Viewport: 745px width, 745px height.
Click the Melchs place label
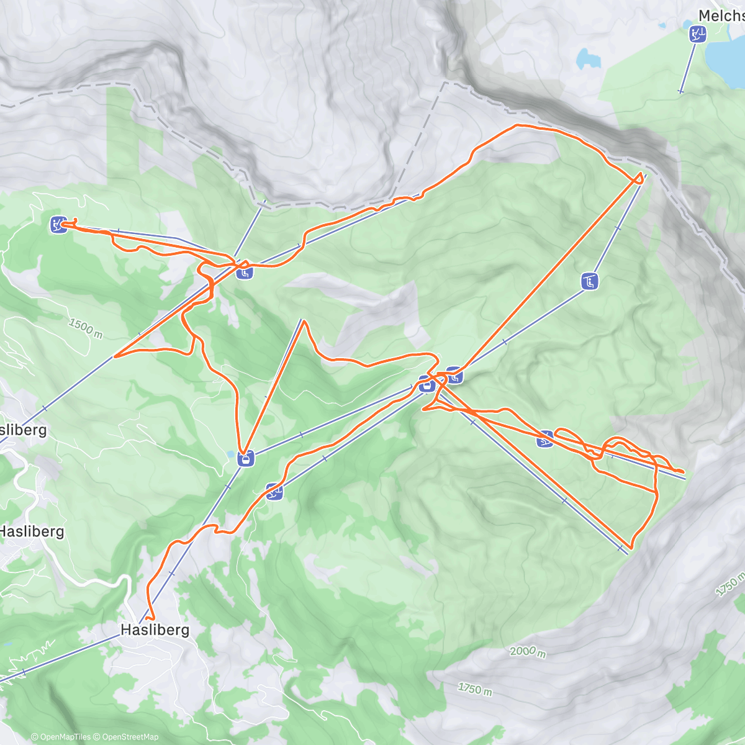[721, 16]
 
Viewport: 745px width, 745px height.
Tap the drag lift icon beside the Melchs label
[698, 34]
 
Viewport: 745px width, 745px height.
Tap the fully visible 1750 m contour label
[475, 688]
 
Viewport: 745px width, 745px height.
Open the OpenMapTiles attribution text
[61, 737]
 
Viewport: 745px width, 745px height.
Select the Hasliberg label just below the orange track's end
[155, 630]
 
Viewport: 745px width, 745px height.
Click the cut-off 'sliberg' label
[24, 430]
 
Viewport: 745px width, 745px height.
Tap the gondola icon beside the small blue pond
[245, 459]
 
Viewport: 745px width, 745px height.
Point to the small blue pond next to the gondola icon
[232, 454]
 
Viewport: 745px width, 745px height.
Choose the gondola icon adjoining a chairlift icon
[426, 385]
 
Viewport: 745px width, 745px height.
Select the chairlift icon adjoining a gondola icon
[454, 375]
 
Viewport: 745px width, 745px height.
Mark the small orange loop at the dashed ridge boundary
[638, 179]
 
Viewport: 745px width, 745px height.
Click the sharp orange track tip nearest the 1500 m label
[115, 356]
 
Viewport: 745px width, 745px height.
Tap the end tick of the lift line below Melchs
[680, 92]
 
